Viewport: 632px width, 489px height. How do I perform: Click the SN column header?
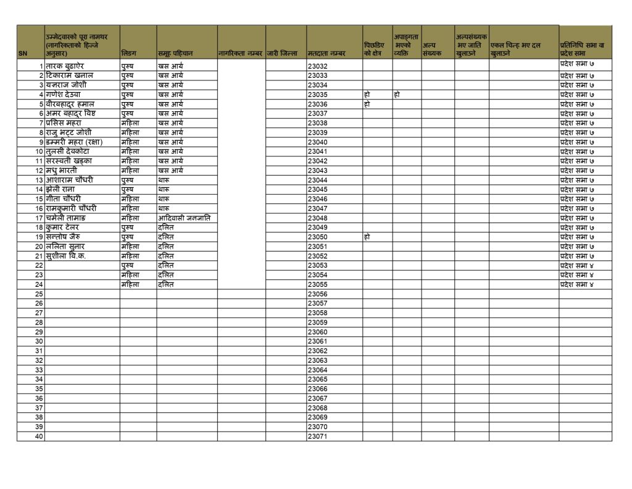point(23,54)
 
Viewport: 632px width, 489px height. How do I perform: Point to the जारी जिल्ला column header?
point(282,54)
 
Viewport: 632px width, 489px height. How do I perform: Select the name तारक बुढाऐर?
point(69,66)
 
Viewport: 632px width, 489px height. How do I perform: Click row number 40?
point(39,436)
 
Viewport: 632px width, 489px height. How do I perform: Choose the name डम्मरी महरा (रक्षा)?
point(74,142)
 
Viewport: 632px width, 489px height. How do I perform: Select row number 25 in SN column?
point(39,294)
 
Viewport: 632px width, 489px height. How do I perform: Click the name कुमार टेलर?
point(65,227)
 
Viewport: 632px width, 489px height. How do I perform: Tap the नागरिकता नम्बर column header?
point(241,54)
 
